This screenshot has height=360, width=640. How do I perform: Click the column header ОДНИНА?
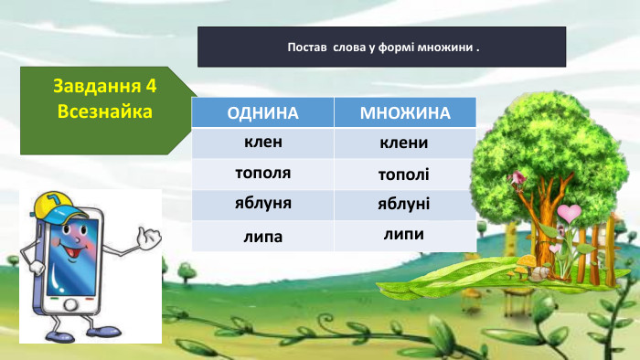point(263,113)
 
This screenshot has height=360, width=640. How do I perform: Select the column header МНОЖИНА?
point(405,113)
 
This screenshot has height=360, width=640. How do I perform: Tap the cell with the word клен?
point(263,143)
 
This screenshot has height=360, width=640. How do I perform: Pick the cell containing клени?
point(404,143)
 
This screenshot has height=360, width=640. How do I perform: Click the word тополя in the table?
point(263,173)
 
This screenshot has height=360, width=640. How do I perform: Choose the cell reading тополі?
point(404,174)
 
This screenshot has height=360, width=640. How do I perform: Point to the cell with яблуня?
point(263,203)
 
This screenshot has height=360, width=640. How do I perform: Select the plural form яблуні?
point(404,203)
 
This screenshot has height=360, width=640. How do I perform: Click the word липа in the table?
point(263,236)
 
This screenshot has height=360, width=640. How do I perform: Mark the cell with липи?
point(404,234)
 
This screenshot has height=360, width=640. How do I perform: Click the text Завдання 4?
point(105,87)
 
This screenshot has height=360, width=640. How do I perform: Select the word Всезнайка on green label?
point(103,111)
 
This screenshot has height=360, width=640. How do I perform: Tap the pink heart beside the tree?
point(570,214)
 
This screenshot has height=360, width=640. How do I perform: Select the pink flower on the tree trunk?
point(519,176)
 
